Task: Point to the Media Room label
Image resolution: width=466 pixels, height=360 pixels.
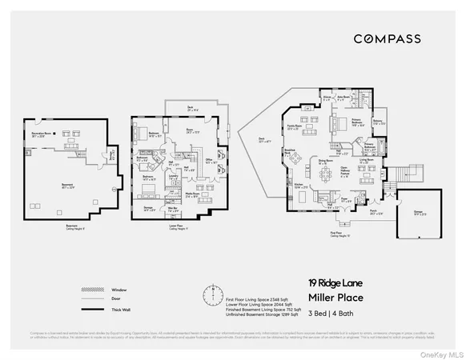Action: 193,194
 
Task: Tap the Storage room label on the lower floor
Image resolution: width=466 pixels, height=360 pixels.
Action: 149,210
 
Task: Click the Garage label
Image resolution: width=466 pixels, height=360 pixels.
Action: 418,213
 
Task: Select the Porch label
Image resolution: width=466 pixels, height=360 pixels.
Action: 372,213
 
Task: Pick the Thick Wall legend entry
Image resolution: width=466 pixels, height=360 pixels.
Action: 96,307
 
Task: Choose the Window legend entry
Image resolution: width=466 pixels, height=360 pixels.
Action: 96,290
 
